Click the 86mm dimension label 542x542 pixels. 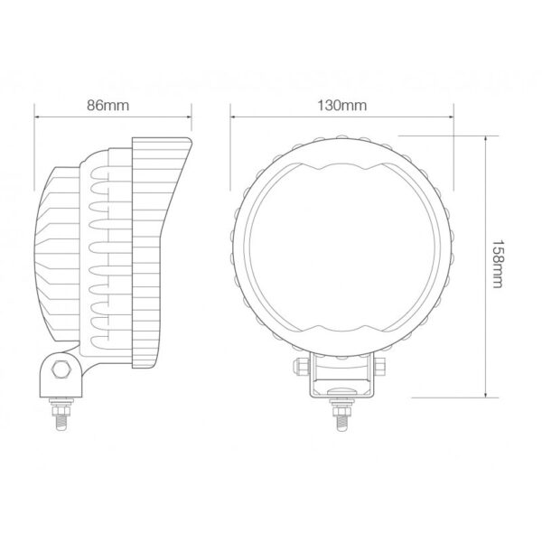point(107,105)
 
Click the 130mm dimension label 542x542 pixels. point(341,105)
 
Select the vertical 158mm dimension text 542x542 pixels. point(497,264)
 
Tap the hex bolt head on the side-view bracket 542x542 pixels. point(61,369)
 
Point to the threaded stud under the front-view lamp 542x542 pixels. point(341,422)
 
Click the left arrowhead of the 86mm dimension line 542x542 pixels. point(37,117)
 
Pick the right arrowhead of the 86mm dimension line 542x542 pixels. point(189,117)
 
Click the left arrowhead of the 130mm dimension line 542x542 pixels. point(233,117)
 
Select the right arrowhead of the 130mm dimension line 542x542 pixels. point(451,117)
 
